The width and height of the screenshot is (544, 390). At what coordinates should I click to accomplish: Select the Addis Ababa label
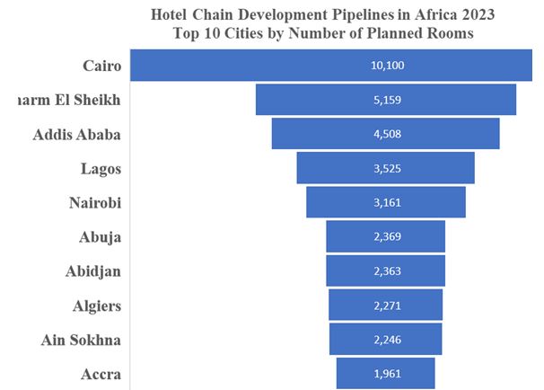(77, 134)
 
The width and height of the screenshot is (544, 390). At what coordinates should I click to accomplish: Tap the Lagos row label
(100, 168)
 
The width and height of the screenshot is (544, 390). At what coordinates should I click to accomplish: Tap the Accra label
(100, 374)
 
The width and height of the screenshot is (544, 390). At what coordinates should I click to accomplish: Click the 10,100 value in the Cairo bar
(386, 66)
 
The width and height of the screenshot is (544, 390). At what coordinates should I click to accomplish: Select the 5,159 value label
(386, 100)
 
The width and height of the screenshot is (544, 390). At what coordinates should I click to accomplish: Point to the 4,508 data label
(386, 134)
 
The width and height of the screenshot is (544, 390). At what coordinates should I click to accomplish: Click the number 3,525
(386, 168)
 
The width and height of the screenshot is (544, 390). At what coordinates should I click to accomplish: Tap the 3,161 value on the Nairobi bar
(386, 202)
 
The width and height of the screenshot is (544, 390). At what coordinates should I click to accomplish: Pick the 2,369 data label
(386, 236)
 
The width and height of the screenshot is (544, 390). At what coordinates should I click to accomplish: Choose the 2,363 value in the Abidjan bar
(386, 271)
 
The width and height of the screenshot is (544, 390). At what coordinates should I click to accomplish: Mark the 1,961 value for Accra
(386, 374)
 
